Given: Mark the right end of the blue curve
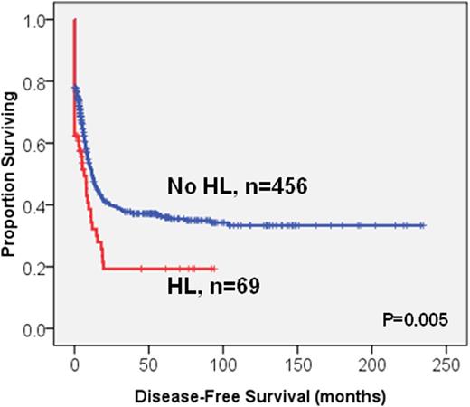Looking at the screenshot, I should tap(423, 225).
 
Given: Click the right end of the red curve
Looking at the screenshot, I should tap(214, 269).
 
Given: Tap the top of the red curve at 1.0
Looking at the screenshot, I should tap(74, 19).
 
